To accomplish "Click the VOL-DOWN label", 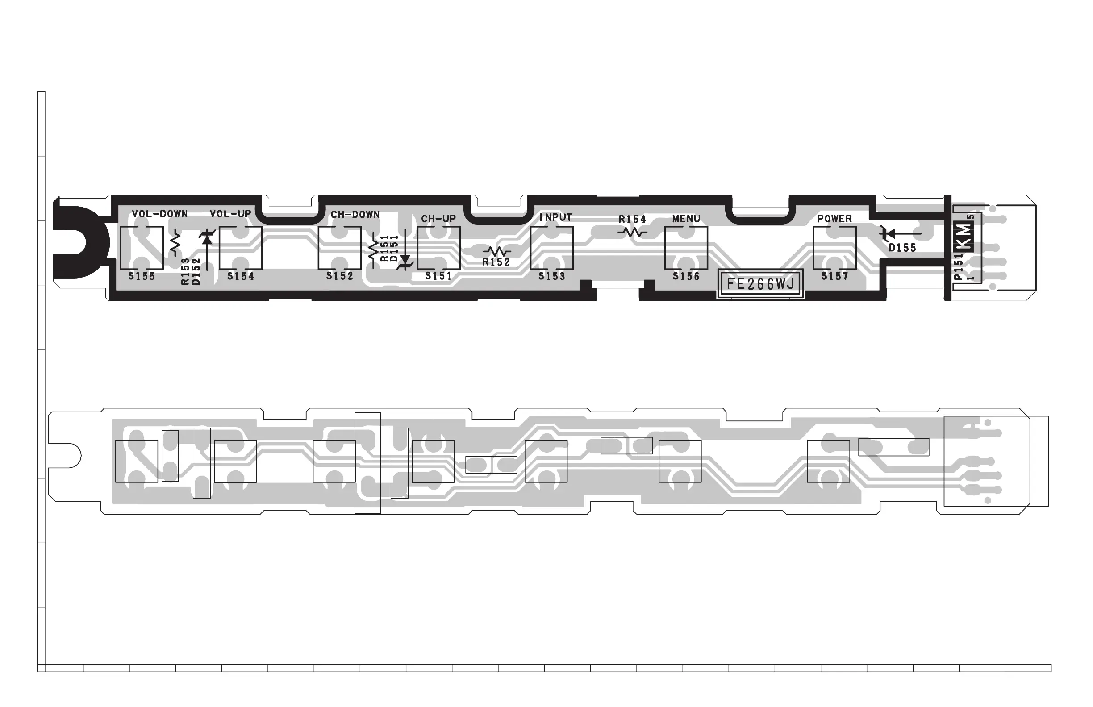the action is (x=159, y=214).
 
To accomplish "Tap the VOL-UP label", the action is (x=230, y=214).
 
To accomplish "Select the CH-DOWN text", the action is (x=355, y=214).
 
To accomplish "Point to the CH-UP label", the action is (x=438, y=219).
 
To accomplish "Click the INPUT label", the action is (x=555, y=218).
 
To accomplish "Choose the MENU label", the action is (x=686, y=219).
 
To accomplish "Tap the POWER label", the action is (x=834, y=219).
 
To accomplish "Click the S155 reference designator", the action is (x=142, y=276).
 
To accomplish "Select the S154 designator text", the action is (x=241, y=276).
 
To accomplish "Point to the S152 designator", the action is (x=340, y=276).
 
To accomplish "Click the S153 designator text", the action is (x=551, y=276).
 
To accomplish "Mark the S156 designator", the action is (x=686, y=276).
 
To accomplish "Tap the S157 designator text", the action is (x=834, y=276).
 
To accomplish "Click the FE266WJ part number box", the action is (x=760, y=284).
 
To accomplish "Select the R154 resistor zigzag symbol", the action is (x=632, y=233).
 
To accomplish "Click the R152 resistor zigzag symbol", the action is (x=497, y=252).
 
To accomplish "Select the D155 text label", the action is (x=902, y=248).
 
